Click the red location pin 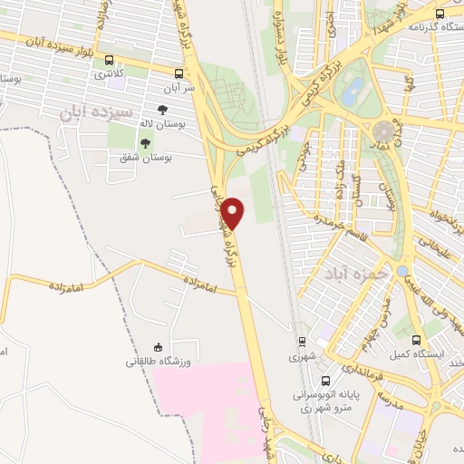[234, 213]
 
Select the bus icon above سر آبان [179, 72]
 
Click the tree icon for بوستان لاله [162, 111]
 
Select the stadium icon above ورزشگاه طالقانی [157, 346]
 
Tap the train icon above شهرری [302, 342]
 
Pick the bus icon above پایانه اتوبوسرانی [348, 369]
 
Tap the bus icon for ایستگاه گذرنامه [440, 14]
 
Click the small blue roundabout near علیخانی [401, 270]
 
